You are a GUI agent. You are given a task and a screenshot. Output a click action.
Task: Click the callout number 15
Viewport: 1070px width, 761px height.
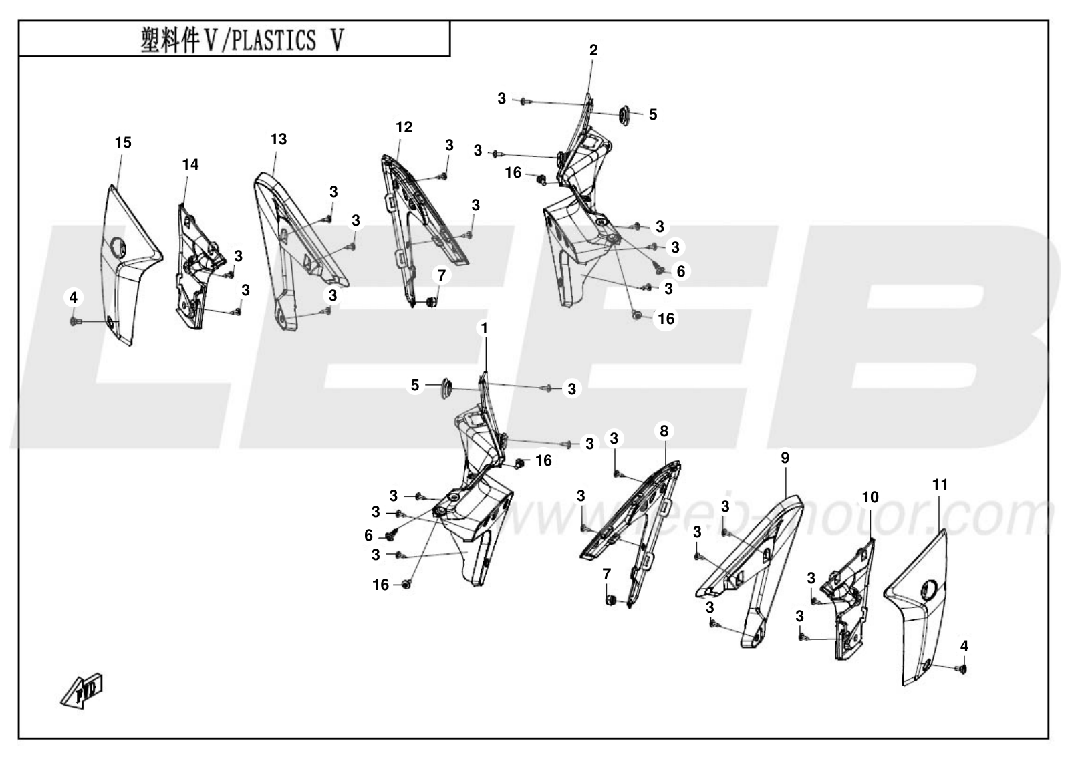[x=123, y=142]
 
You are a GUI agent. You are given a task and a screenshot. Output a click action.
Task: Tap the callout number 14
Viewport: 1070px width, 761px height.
[x=190, y=164]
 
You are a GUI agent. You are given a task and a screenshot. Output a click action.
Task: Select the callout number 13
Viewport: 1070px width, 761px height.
[x=279, y=139]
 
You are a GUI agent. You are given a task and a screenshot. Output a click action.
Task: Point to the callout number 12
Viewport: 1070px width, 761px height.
[x=404, y=127]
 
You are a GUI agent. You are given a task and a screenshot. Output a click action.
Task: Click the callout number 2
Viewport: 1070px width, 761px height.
[x=593, y=50]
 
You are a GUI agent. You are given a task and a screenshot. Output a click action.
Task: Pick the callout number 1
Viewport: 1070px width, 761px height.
[x=484, y=329]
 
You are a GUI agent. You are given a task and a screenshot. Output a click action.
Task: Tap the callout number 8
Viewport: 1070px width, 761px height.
[x=664, y=431]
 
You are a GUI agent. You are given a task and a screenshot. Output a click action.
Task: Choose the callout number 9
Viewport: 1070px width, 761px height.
[x=785, y=458]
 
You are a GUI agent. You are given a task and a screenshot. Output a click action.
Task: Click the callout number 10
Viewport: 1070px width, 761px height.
[x=870, y=498]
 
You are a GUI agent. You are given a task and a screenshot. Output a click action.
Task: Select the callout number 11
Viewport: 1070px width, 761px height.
[x=940, y=484]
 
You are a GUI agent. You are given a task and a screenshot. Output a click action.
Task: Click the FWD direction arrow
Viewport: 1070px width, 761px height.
[x=82, y=690]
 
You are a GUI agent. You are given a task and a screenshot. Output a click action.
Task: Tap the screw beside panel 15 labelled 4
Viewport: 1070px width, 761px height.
[x=75, y=322]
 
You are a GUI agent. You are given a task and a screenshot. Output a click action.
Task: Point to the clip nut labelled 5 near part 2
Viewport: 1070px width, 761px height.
[x=624, y=115]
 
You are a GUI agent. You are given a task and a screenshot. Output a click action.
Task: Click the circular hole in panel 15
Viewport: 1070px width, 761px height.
[x=117, y=245]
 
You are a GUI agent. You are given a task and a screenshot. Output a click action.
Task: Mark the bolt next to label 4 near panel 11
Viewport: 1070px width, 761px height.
[x=961, y=669]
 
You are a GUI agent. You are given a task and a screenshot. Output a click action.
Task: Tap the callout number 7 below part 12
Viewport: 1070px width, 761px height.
[x=441, y=275]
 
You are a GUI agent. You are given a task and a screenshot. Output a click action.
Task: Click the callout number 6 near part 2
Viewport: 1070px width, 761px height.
[x=680, y=271]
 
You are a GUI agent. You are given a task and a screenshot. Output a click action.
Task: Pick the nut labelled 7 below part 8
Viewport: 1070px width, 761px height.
[x=610, y=599]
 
